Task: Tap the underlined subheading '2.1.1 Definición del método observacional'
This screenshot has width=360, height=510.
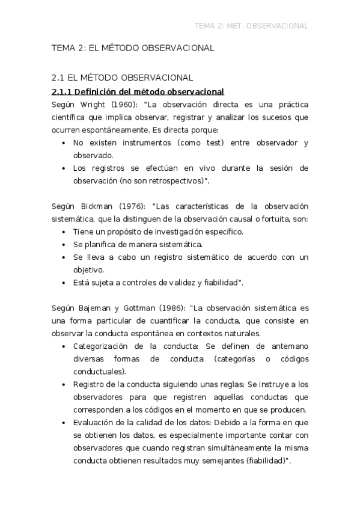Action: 138,91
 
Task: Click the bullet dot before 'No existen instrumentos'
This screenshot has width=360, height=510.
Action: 64,143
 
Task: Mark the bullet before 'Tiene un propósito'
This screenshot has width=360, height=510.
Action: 64,232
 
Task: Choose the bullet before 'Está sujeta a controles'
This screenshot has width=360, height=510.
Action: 64,283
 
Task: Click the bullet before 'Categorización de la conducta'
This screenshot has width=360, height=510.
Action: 64,346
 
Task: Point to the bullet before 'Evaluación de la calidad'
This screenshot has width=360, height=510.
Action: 64,423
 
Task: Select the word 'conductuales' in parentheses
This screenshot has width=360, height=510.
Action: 96,371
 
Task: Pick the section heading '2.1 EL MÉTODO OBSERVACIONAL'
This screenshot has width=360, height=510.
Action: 122,78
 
